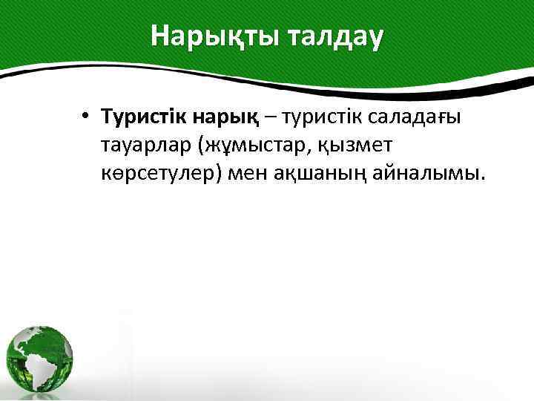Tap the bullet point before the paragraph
87,117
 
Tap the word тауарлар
147,146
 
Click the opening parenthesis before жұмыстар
200,146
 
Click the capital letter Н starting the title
159,35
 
